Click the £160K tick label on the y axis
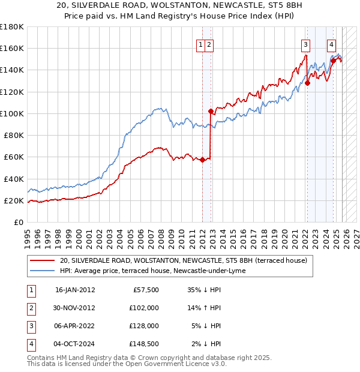(x=11, y=48)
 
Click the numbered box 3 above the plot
(x=306, y=44)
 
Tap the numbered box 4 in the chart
(x=331, y=44)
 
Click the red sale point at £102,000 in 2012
(x=211, y=111)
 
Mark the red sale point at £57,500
(x=202, y=160)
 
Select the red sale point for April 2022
(x=307, y=83)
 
